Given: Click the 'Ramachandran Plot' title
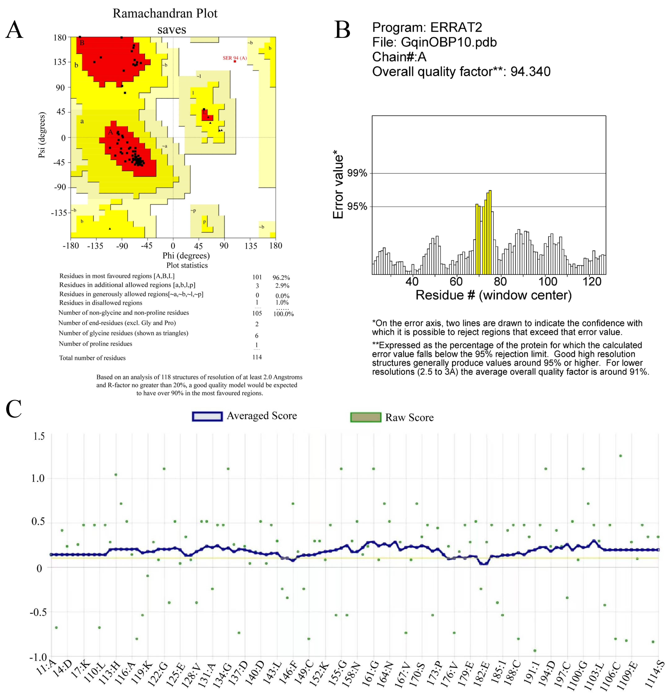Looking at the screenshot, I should click(165, 13).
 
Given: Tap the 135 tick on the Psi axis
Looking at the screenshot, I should click(60, 62).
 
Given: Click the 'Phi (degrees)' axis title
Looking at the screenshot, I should click(186, 256).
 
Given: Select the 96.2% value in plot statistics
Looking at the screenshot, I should click(281, 277).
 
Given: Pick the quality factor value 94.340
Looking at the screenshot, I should click(530, 72).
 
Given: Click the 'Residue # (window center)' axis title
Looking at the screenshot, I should click(493, 295).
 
